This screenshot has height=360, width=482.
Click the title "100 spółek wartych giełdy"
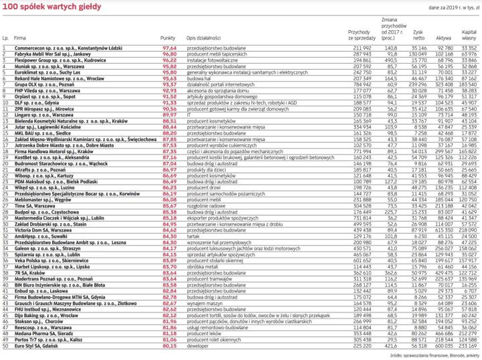point(41,5)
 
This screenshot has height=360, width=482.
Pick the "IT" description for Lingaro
point(190,115)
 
